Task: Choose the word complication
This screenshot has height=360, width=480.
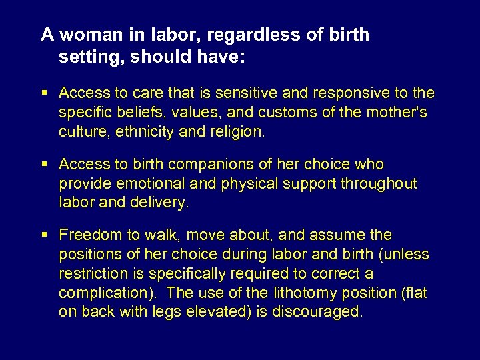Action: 103,293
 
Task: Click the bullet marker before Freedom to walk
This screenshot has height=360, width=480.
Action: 45,235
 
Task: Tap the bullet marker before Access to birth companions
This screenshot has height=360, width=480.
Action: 45,165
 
